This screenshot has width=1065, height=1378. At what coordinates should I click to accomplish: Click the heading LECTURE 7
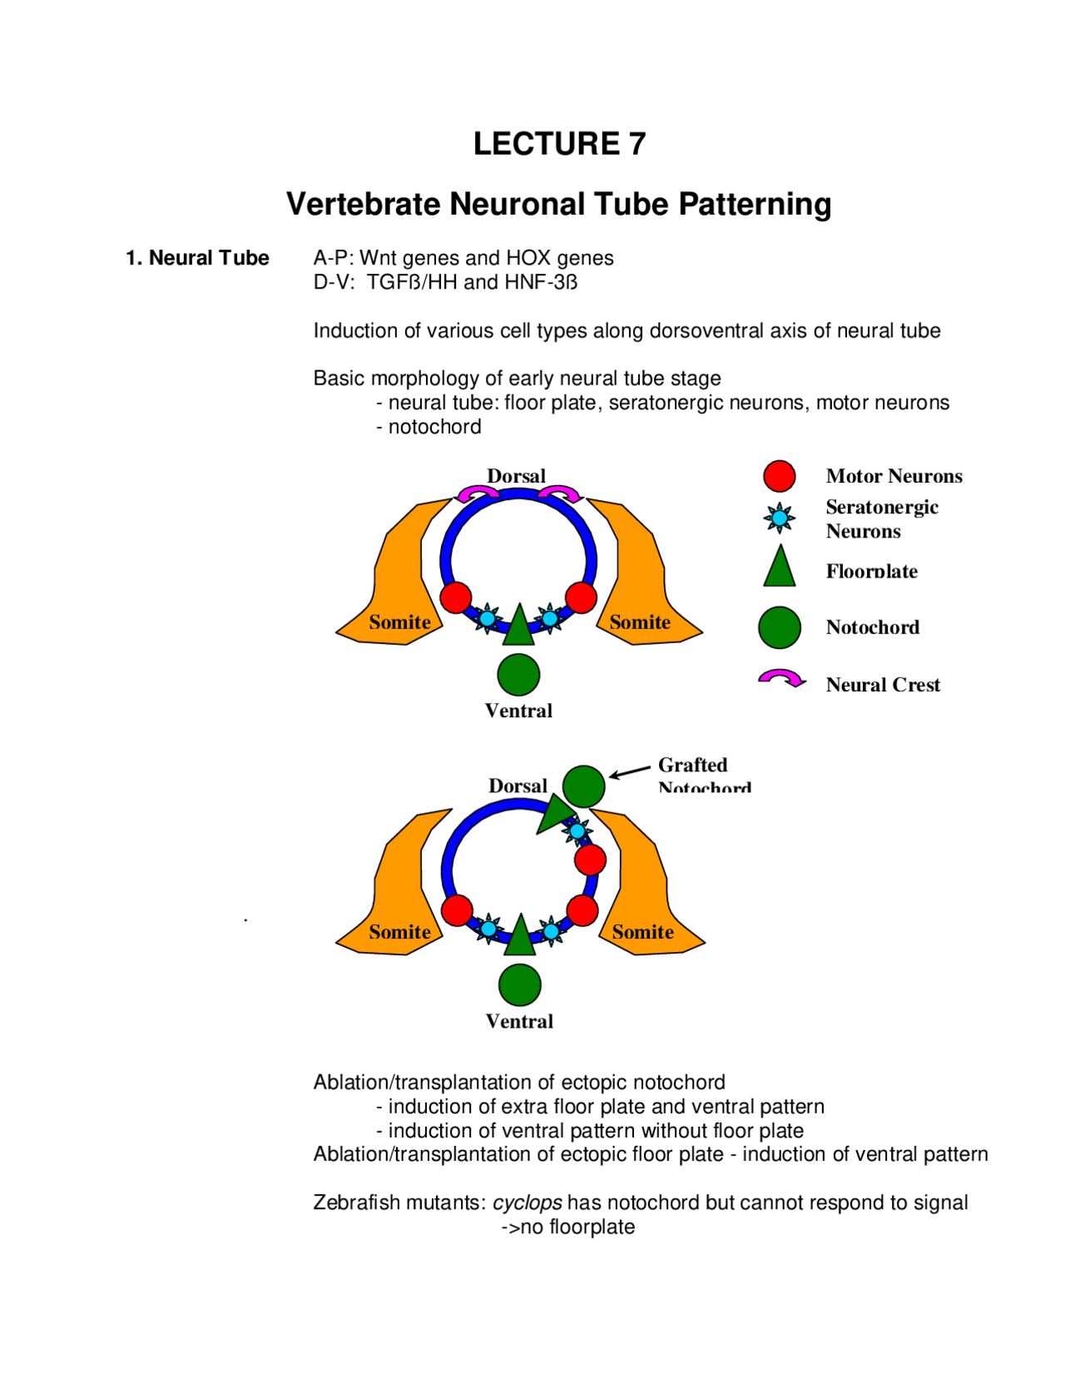pos(559,144)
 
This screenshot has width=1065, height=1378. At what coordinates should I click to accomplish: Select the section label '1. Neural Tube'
pos(197,258)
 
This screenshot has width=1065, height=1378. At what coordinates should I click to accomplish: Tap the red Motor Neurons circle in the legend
pos(779,476)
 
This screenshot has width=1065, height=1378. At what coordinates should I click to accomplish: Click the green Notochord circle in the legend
pos(779,627)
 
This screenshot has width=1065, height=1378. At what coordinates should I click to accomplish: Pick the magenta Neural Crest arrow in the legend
pos(781,679)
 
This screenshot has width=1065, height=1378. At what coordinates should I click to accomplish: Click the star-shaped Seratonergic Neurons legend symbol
pos(780,518)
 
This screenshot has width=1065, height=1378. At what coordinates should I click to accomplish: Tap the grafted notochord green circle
pos(583,786)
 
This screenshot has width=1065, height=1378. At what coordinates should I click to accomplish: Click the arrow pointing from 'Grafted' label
pos(630,771)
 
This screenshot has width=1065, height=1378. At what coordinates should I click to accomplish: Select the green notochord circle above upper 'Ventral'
pos(518,674)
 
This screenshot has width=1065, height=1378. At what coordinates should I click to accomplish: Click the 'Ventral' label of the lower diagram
pos(519,1021)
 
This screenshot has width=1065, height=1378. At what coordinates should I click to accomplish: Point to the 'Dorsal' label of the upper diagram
pos(516,476)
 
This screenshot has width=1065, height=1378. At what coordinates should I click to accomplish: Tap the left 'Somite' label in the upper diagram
pos(399,622)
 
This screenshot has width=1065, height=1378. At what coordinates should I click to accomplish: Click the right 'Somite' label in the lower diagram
pos(642,932)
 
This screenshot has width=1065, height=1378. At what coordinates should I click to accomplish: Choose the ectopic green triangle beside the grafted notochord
pos(553,813)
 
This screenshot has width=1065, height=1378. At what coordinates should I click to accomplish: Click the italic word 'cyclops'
pos(527,1202)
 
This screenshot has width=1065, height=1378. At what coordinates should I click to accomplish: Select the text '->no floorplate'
pos(567,1227)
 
